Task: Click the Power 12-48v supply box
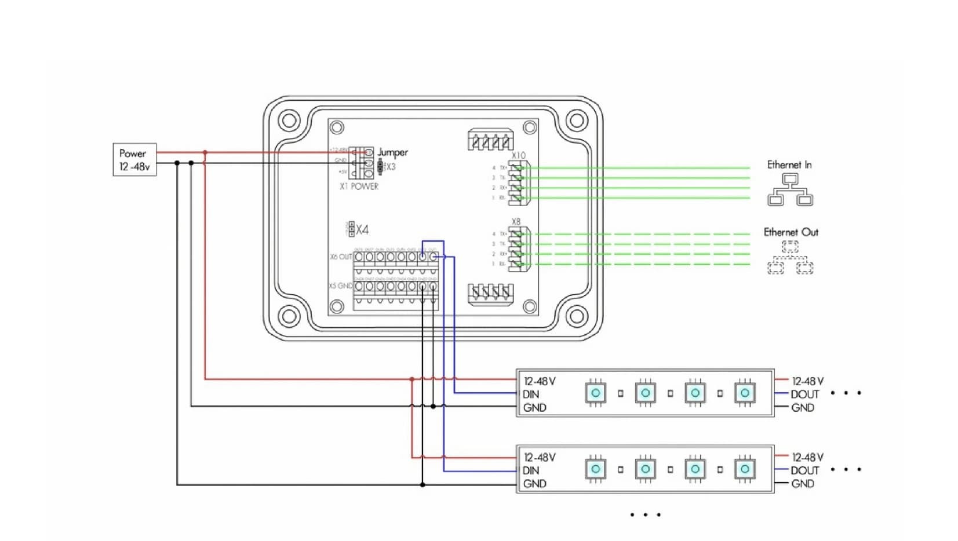(x=134, y=160)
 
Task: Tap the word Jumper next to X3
(x=393, y=152)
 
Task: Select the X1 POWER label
(x=359, y=187)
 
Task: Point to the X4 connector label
(x=362, y=230)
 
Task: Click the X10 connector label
(x=518, y=155)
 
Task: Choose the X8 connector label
(x=516, y=221)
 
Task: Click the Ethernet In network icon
(x=789, y=190)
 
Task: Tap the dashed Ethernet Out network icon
(x=790, y=258)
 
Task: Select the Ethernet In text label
(x=789, y=165)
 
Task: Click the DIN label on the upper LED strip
(x=531, y=394)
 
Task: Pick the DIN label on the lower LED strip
(x=531, y=470)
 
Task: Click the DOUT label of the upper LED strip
(x=805, y=394)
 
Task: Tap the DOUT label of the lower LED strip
(x=805, y=470)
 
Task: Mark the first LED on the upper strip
(x=596, y=393)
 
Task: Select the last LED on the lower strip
(x=745, y=469)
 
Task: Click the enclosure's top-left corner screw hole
(x=288, y=121)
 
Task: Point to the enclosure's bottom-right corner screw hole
(x=577, y=316)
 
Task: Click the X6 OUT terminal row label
(x=341, y=257)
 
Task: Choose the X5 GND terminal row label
(x=341, y=286)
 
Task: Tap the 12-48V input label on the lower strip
(x=540, y=458)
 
